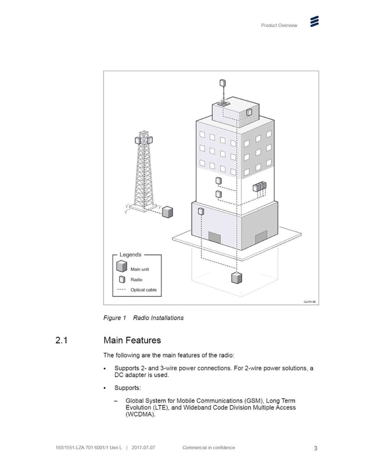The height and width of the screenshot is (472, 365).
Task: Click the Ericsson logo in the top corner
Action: [x=314, y=22]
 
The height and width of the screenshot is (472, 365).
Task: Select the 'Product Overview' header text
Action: [x=279, y=25]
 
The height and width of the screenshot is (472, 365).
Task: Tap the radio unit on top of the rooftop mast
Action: [x=223, y=82]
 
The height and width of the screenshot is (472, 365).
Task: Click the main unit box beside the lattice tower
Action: [x=167, y=212]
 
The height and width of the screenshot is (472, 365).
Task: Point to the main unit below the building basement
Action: [x=236, y=278]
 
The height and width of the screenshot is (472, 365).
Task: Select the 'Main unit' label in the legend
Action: [x=141, y=269]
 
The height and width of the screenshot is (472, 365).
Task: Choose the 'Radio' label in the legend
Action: [x=136, y=279]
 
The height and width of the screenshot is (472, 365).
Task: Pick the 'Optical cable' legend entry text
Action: [x=143, y=290]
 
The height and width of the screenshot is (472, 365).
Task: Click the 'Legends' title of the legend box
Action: [x=130, y=255]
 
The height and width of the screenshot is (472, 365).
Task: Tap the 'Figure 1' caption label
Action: [x=114, y=318]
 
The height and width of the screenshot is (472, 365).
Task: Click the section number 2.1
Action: [x=62, y=341]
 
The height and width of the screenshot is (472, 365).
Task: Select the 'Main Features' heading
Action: [x=132, y=341]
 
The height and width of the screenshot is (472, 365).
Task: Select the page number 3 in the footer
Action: [x=315, y=448]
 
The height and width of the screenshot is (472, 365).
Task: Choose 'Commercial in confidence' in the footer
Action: [x=208, y=448]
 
